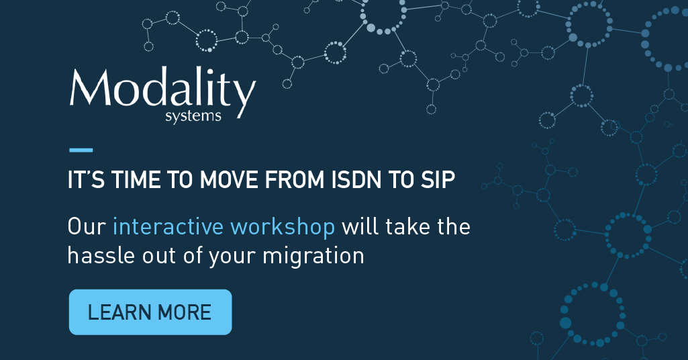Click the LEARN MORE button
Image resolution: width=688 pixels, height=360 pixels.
(150, 312)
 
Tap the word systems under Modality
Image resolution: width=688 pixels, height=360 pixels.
(193, 116)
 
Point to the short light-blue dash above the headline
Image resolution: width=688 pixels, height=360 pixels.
(81, 150)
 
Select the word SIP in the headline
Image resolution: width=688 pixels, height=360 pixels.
(438, 179)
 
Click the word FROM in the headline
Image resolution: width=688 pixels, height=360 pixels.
(295, 179)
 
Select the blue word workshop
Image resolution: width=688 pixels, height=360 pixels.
(283, 227)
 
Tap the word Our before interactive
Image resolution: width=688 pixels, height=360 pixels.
(87, 227)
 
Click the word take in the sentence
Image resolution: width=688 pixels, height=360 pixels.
(408, 227)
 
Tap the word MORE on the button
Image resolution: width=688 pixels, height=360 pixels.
(185, 312)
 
